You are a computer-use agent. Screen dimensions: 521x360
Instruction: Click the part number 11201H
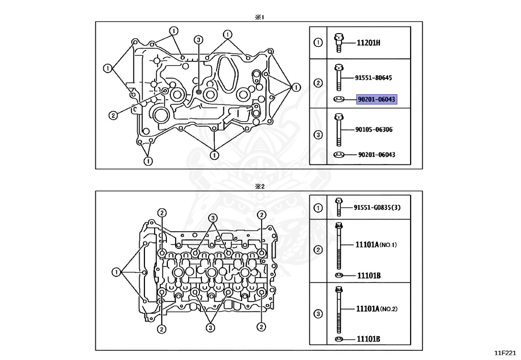coord(368,43)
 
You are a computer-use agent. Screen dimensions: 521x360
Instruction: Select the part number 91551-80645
coord(373,78)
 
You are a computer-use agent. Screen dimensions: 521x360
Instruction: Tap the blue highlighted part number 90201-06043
coord(377,99)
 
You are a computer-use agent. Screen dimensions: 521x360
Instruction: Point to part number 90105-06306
coord(374,129)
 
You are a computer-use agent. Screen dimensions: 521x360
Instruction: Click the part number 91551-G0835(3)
coord(377,207)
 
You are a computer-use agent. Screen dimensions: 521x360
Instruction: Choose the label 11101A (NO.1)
coord(376,245)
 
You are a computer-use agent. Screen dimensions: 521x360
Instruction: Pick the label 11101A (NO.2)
coord(377,309)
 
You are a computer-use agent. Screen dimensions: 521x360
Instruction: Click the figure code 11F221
coord(505,353)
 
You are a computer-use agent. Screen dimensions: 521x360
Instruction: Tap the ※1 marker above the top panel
coord(259,17)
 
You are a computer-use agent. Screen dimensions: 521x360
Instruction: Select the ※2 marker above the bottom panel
coord(259,186)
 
